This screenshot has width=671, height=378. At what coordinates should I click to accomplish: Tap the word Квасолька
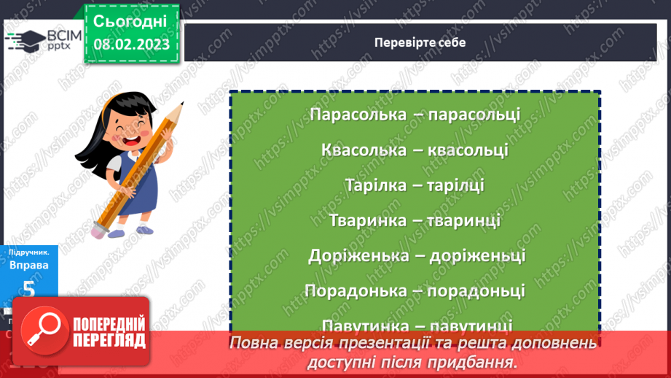point(363,150)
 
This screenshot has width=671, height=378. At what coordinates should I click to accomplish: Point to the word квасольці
point(468,150)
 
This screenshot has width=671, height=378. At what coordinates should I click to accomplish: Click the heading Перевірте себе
point(420,42)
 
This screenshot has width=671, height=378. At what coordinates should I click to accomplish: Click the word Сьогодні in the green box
point(130,20)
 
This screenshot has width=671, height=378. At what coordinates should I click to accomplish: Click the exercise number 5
point(29,289)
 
